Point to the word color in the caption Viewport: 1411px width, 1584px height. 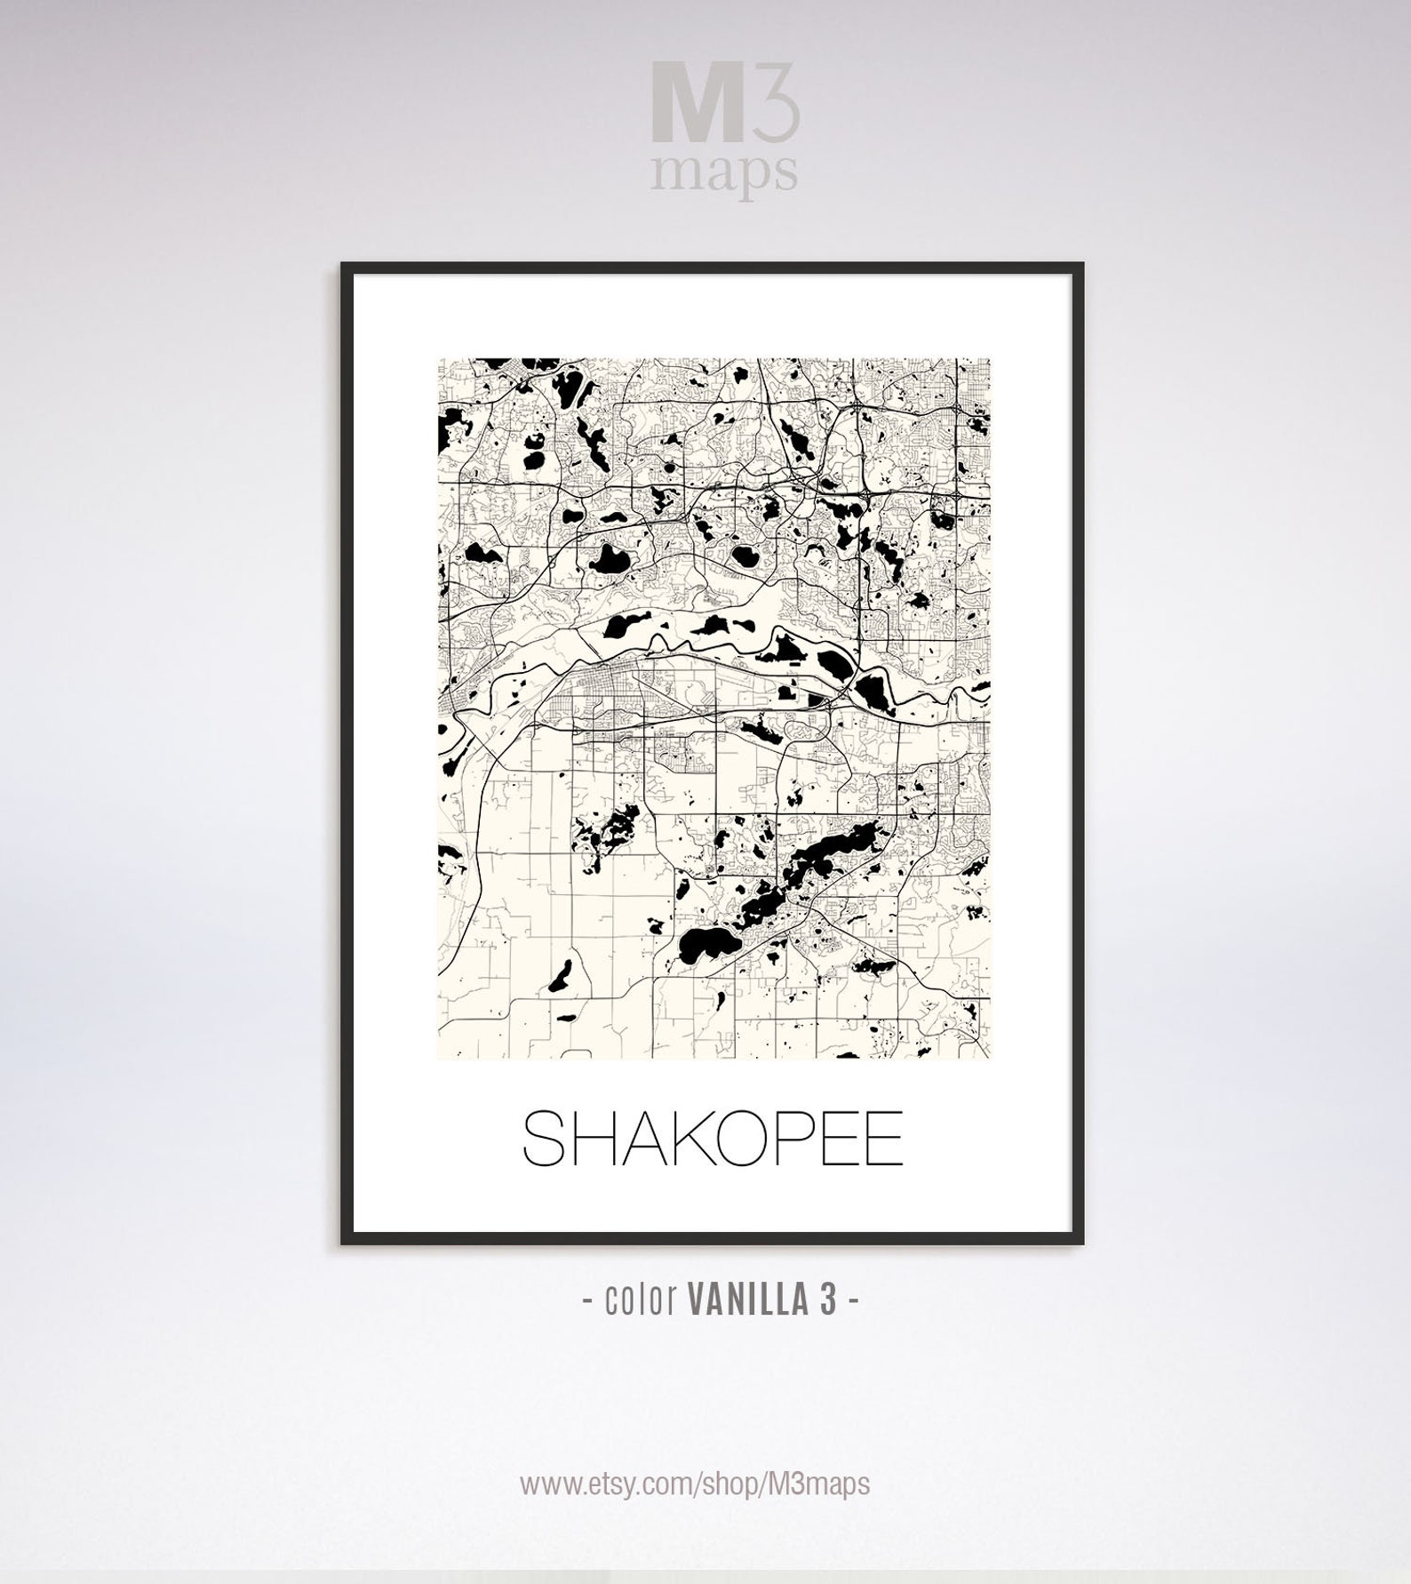click(x=640, y=1300)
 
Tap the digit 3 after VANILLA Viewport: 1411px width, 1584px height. click(x=826, y=1300)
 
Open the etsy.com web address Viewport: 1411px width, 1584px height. click(x=694, y=1484)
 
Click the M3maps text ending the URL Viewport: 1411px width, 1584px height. click(x=816, y=1483)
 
